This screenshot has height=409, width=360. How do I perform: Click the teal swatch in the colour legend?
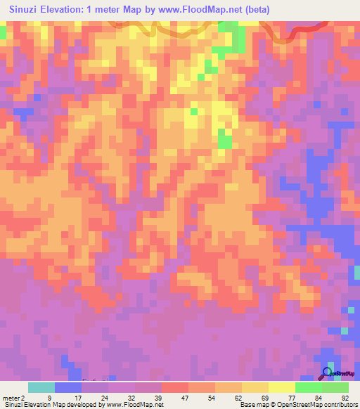pos(41,387)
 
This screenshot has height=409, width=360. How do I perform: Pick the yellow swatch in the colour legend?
pos(282,387)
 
